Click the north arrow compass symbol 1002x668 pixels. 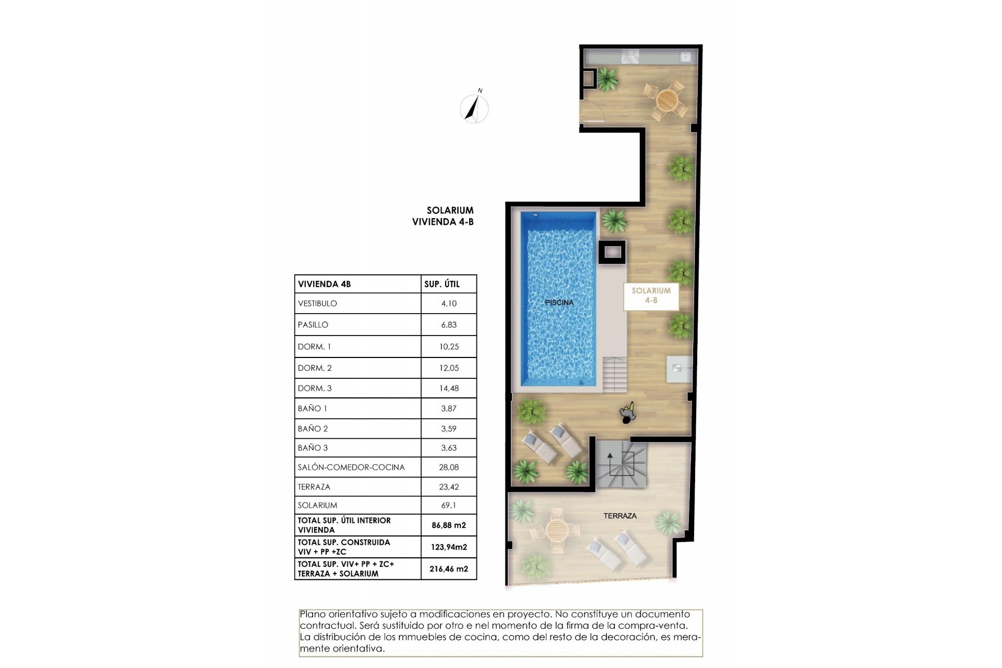(x=474, y=108)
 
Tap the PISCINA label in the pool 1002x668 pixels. (x=559, y=303)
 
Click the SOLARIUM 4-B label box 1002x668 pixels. (x=651, y=296)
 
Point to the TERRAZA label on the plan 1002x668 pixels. (x=620, y=516)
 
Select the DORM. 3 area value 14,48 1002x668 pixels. (x=448, y=388)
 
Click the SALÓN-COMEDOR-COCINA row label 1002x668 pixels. (x=351, y=468)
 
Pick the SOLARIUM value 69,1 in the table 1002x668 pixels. (x=448, y=505)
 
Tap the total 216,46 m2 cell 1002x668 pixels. (x=448, y=569)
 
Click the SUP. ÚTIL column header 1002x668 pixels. (x=442, y=284)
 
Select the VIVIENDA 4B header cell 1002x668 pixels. (x=324, y=284)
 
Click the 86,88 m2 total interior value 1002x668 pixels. (x=448, y=526)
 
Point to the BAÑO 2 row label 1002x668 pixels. (x=313, y=429)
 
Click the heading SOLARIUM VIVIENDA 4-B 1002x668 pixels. (x=444, y=216)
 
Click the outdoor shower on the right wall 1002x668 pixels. (x=679, y=369)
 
